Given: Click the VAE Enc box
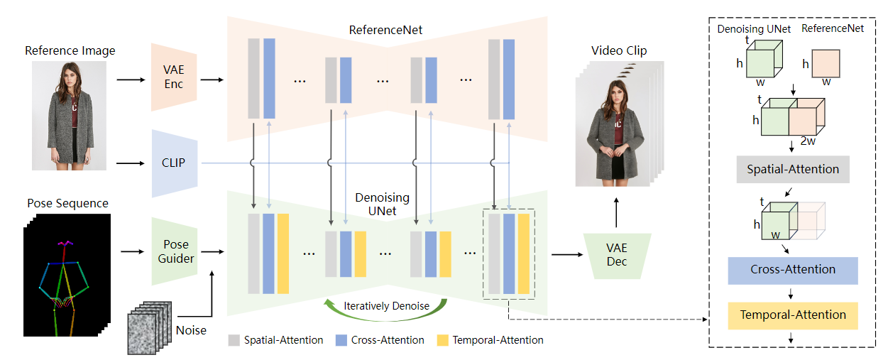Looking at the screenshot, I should (173, 77).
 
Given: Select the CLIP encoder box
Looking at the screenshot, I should (174, 163).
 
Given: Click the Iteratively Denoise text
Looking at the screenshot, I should (385, 306).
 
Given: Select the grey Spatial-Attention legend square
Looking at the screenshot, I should (234, 340).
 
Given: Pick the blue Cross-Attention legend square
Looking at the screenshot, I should (340, 340).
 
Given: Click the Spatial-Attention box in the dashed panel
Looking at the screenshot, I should (793, 169).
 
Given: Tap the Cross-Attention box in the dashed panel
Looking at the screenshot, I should (793, 270).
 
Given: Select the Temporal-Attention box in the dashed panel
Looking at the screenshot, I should (793, 315).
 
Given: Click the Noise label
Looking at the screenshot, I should (191, 330).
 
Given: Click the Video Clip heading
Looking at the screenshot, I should (619, 50).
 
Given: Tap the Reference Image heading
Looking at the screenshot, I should (70, 50).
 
